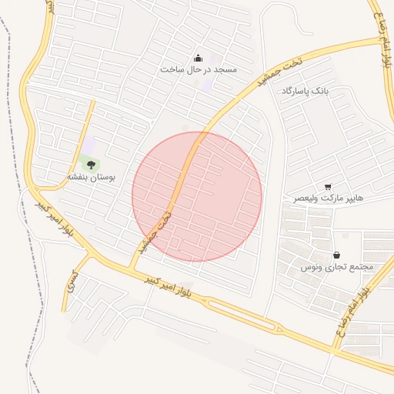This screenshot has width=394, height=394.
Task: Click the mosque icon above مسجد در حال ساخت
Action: click(199, 58)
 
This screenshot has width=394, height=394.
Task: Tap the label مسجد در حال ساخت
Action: click(199, 69)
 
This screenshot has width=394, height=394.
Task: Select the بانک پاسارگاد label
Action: click(305, 91)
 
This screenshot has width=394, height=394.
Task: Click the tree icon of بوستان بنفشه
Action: click(91, 164)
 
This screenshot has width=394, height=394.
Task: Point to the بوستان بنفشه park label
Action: click(91, 177)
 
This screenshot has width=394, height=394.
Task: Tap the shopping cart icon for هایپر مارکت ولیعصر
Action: click(329, 187)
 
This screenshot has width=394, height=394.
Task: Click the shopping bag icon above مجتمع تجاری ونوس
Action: click(336, 255)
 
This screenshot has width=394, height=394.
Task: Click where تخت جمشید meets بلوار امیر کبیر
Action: click(132, 266)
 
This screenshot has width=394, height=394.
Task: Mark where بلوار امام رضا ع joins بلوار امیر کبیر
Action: click(336, 350)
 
